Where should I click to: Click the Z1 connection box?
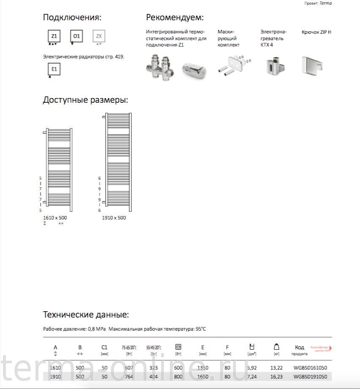pyautogui.click(x=54, y=36)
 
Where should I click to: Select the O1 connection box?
pyautogui.click(x=76, y=36)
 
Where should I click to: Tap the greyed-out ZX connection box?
pyautogui.click(x=99, y=36)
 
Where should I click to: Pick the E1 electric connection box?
pyautogui.click(x=54, y=69)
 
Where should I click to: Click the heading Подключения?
pyautogui.click(x=72, y=18)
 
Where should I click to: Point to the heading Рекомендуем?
pyautogui.click(x=175, y=18)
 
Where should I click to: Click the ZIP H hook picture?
pyautogui.click(x=313, y=65)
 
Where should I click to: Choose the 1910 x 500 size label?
pyautogui.click(x=114, y=218)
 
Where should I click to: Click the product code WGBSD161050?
pyautogui.click(x=310, y=368)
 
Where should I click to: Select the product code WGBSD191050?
pyautogui.click(x=310, y=376)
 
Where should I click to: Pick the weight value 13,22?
pyautogui.click(x=277, y=368)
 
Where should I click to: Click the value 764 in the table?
pyautogui.click(x=130, y=376)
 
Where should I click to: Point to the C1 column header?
pyautogui.click(x=104, y=348)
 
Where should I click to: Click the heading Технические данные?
pyautogui.click(x=86, y=315)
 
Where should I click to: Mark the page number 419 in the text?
pyautogui.click(x=119, y=56)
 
